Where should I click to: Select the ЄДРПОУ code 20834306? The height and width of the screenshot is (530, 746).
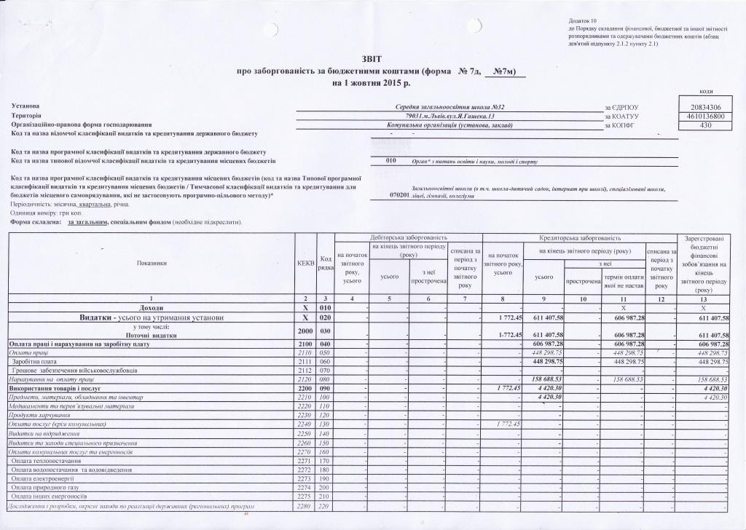click(700, 108)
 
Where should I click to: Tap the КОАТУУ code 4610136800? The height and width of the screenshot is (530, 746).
click(700, 116)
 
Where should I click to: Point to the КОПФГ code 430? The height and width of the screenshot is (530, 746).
click(700, 125)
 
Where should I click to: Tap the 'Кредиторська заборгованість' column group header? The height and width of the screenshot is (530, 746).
click(579, 238)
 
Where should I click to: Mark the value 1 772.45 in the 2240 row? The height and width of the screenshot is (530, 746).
click(505, 424)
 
